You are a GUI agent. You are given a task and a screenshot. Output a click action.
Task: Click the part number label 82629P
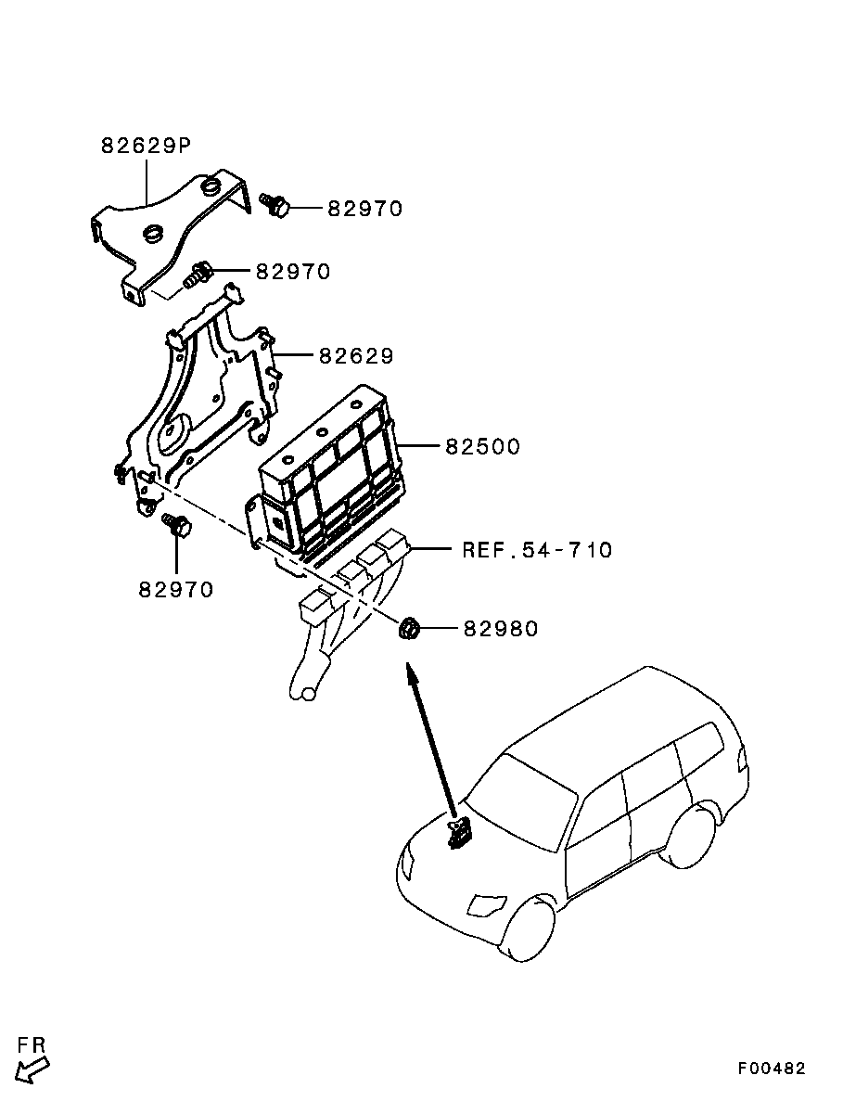(146, 146)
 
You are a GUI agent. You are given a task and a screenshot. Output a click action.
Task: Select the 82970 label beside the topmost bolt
(364, 210)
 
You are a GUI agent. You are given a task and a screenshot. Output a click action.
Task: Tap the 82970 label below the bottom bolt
(176, 589)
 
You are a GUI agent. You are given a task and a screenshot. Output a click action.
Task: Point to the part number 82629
(357, 356)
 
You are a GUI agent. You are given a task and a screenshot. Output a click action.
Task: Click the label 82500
(482, 447)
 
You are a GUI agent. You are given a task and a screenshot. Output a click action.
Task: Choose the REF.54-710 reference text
(537, 550)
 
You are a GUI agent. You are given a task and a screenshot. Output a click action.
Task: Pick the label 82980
(500, 629)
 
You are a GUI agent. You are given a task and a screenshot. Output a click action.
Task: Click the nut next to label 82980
(408, 630)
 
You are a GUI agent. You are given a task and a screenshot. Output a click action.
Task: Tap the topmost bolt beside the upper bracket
(275, 204)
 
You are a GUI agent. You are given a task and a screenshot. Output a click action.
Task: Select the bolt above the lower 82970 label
(175, 526)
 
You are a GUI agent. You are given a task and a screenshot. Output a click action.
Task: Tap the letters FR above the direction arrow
(32, 1045)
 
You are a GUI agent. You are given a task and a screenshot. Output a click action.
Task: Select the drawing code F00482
(772, 1069)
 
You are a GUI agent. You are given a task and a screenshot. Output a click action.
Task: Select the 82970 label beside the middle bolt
(293, 272)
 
